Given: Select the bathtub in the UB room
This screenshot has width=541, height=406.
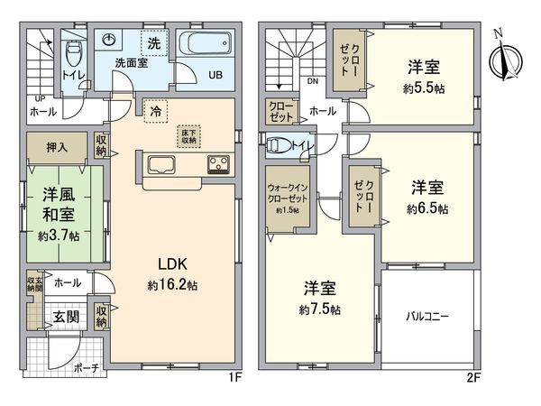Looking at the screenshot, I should coord(205,45).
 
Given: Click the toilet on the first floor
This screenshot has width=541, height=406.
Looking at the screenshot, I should coord(74,46).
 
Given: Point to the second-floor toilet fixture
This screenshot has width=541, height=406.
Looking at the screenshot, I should coord(280,144).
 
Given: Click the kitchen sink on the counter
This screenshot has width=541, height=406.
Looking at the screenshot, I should coord(161,165).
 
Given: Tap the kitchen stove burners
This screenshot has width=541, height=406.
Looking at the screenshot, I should coord(218,164).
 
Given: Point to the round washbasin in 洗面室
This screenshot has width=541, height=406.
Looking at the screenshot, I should coord(111,41).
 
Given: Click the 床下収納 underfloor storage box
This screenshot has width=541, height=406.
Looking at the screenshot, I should coord(190,135).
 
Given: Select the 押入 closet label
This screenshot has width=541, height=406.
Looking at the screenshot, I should coord(55,146).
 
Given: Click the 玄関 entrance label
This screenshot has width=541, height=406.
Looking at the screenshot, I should coord(63,318).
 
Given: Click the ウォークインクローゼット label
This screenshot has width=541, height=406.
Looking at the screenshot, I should coord(287,195).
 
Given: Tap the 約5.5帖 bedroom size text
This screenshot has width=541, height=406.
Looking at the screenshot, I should coord(422,89).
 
